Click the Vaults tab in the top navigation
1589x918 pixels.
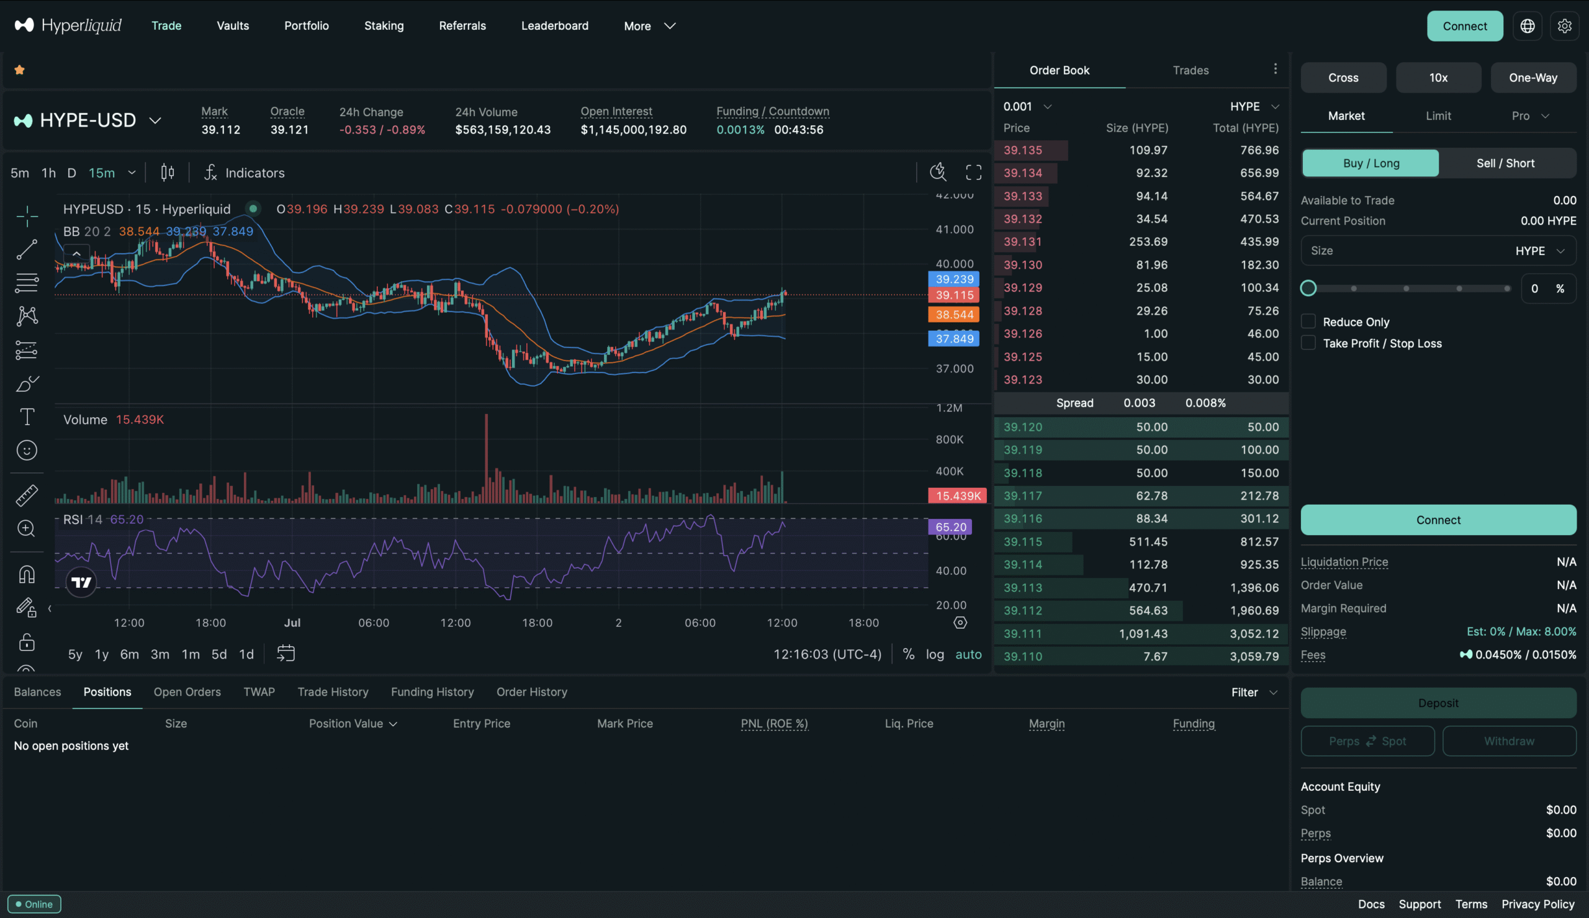(233, 26)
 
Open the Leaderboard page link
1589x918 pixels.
(555, 26)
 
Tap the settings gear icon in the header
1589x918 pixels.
(1564, 26)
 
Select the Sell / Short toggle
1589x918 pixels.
(1505, 163)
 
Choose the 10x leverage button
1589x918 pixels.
(1438, 78)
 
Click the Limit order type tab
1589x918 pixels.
(1438, 116)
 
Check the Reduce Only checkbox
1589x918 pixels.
(1308, 322)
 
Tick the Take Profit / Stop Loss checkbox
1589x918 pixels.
(1308, 343)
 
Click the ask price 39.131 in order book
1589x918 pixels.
(1022, 242)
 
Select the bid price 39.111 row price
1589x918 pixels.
(1022, 634)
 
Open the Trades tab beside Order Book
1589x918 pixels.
(1191, 70)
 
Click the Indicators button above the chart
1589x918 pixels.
(245, 173)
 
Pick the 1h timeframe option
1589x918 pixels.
(48, 173)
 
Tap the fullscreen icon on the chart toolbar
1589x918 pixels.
(974, 173)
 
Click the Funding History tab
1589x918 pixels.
(433, 691)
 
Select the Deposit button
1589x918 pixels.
(1438, 703)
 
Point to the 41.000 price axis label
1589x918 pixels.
(954, 230)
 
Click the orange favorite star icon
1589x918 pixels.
(19, 70)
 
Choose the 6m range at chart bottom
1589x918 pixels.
(129, 654)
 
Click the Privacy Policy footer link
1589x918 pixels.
(1537, 904)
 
